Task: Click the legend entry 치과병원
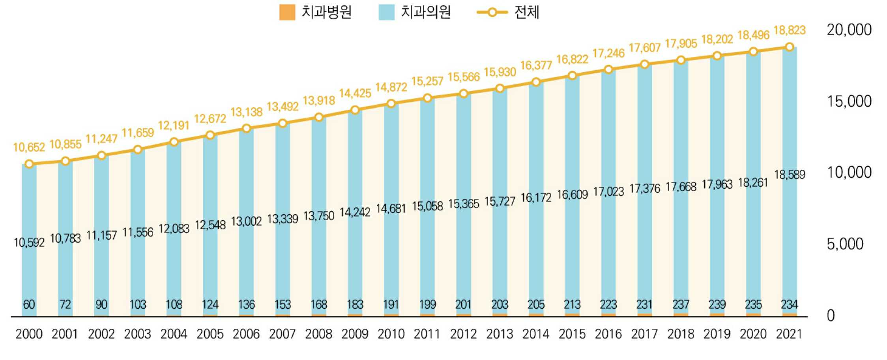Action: click(316, 12)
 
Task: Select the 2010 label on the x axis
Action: click(391, 334)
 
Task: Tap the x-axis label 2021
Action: click(789, 334)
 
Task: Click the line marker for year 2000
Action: click(29, 164)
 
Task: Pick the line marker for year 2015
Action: click(572, 75)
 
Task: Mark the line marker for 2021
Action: click(790, 47)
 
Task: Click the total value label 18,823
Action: click(790, 30)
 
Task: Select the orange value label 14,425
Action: click(355, 94)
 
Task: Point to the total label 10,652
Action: click(29, 147)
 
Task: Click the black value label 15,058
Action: click(427, 206)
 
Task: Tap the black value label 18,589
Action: click(790, 174)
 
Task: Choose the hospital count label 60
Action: click(29, 304)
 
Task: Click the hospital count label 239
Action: click(717, 304)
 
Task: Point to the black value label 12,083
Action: click(174, 229)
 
